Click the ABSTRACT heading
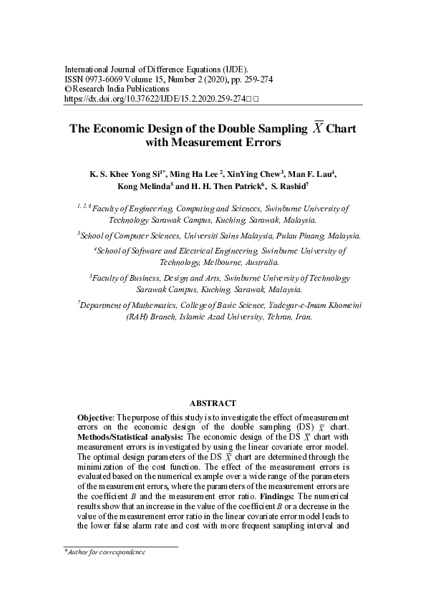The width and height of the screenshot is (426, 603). coord(213,403)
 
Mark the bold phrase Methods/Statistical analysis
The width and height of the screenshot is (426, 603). coord(131,435)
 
